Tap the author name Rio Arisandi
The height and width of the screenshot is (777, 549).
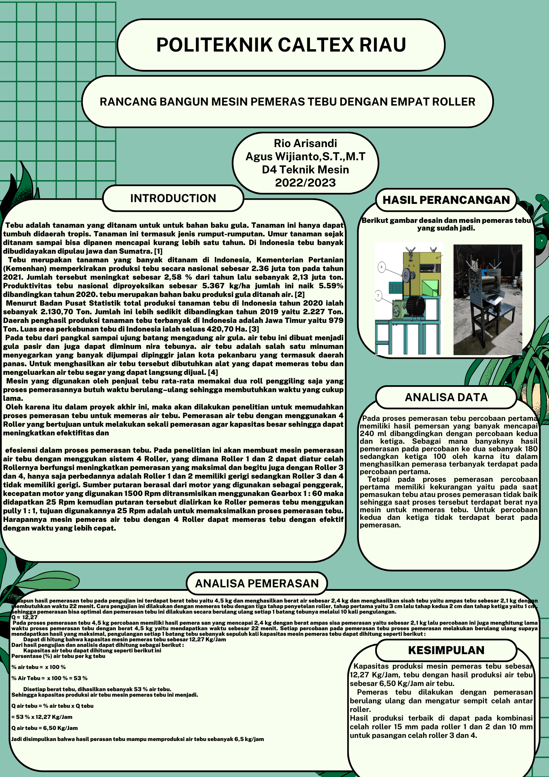(305, 143)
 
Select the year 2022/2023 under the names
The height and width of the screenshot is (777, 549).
(305, 183)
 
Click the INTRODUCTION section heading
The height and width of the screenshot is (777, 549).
(173, 198)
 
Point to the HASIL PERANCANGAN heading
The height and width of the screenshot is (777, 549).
(446, 200)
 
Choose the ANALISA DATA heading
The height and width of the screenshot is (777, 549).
(446, 397)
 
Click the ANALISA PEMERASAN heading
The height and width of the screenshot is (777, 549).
(257, 584)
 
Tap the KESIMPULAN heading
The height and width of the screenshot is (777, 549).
(446, 650)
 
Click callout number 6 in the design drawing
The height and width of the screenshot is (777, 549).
(382, 267)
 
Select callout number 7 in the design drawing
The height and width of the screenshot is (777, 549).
(378, 296)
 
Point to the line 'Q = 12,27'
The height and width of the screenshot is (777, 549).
(25, 617)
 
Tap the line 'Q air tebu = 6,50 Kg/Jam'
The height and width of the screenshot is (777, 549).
(45, 728)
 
